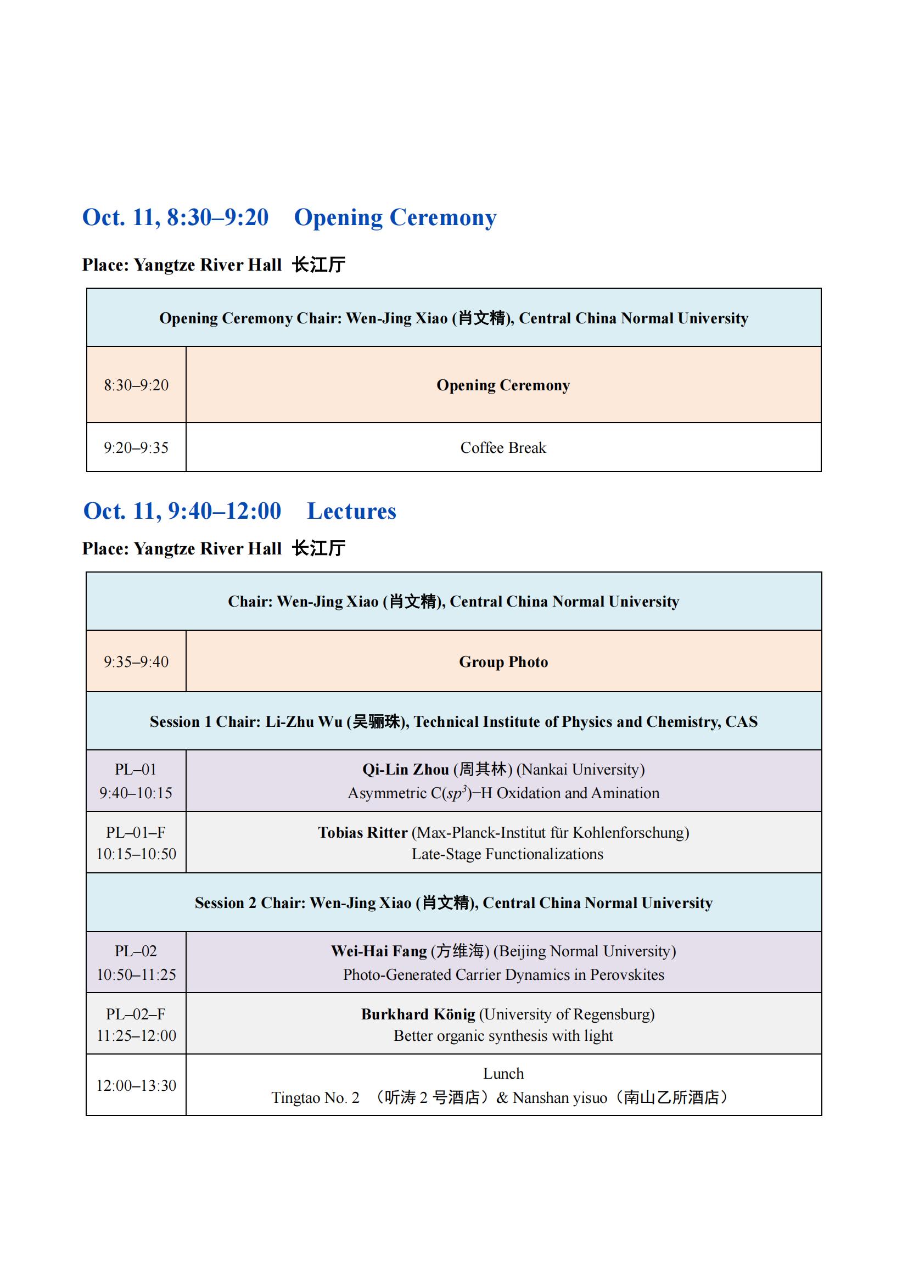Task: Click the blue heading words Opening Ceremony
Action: click(x=395, y=217)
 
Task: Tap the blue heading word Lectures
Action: click(x=351, y=511)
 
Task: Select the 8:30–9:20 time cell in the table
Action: click(x=136, y=385)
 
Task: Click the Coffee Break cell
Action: click(x=503, y=447)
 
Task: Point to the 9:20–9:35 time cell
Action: click(x=136, y=447)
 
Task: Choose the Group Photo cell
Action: click(x=503, y=661)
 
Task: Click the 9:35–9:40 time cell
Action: click(x=136, y=661)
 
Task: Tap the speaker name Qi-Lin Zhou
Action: click(x=405, y=770)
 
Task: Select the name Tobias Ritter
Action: click(x=362, y=833)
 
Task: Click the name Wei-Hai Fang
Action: click(x=379, y=951)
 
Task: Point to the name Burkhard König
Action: click(x=418, y=1014)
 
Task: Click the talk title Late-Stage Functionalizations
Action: click(x=507, y=854)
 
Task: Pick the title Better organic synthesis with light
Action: click(x=503, y=1036)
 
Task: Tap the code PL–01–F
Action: click(x=136, y=833)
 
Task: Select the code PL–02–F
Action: click(x=136, y=1014)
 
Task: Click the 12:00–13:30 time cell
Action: click(x=136, y=1085)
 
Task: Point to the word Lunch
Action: click(x=503, y=1074)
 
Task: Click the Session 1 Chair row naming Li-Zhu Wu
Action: click(x=453, y=721)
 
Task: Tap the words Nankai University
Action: click(x=580, y=770)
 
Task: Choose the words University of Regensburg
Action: click(x=567, y=1014)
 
